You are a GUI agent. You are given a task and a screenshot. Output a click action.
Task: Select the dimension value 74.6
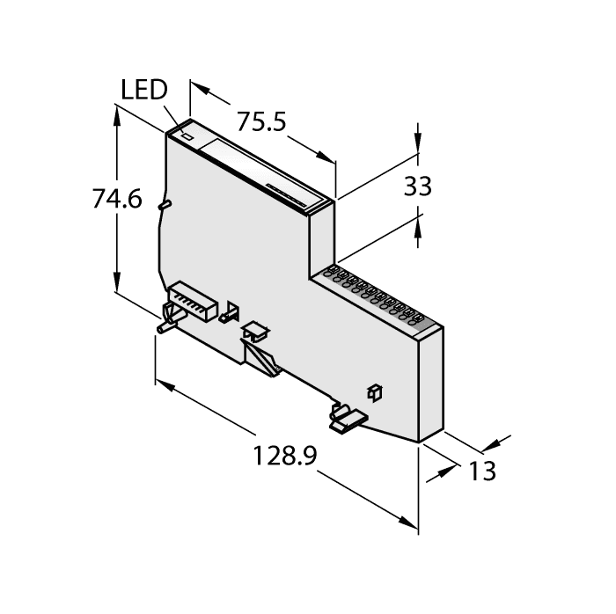tap(116, 201)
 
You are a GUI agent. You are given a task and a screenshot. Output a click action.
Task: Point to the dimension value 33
tap(417, 186)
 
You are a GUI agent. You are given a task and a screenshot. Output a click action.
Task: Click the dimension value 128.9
tap(285, 457)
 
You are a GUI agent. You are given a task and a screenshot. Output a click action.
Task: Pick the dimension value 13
tap(481, 471)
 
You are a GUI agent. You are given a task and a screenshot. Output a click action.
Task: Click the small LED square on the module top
tap(187, 136)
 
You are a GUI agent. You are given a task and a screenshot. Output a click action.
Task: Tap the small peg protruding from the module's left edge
tap(163, 204)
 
